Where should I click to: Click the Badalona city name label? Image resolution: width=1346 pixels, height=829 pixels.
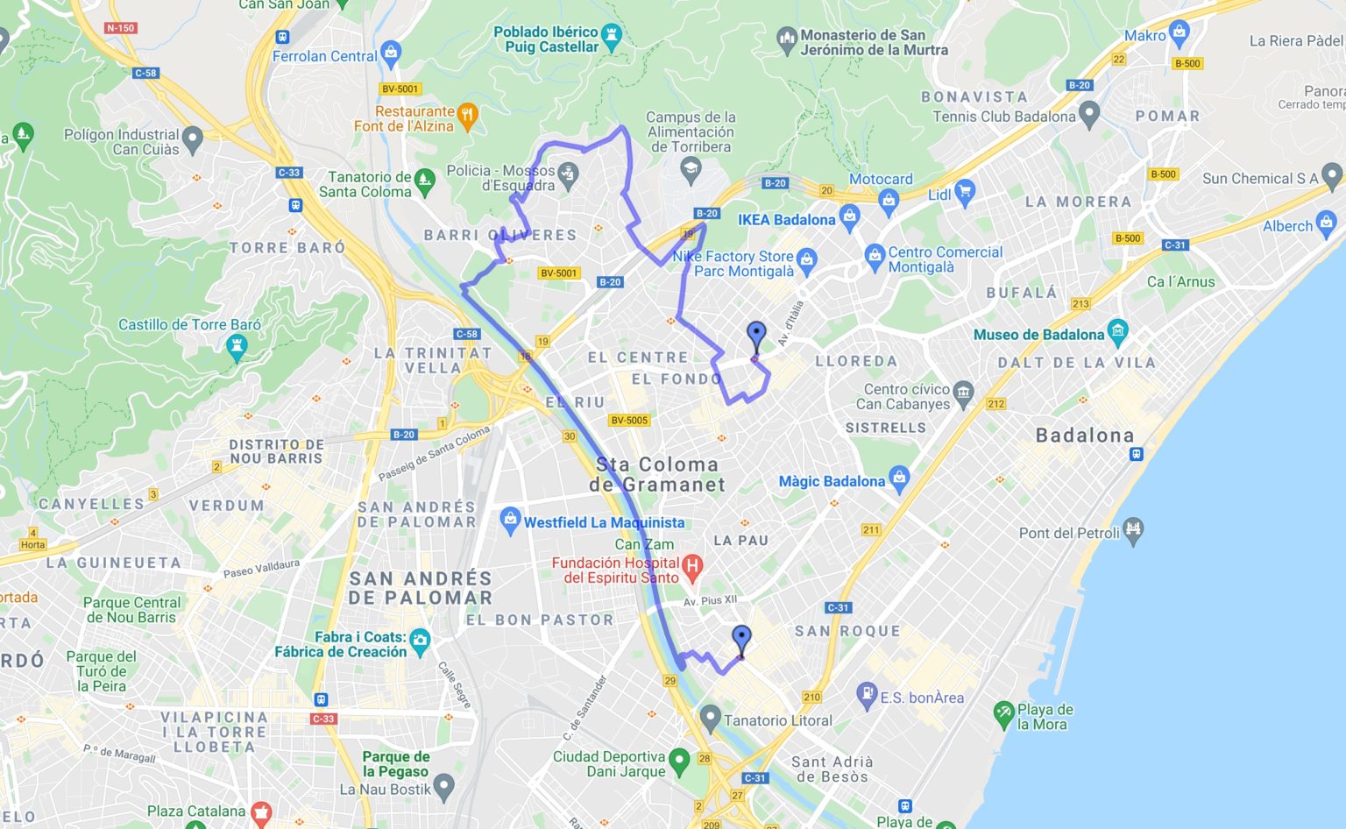tap(1085, 436)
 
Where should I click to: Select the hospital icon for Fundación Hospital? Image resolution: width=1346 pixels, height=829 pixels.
tap(692, 569)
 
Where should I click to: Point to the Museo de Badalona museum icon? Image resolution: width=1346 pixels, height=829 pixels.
tap(1117, 331)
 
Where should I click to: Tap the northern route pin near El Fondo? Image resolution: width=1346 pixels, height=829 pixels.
tap(755, 337)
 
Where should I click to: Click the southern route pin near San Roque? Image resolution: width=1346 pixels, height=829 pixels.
tap(741, 640)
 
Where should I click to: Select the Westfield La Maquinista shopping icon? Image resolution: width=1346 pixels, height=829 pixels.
tap(510, 521)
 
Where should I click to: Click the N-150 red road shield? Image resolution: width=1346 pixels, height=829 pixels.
tap(120, 28)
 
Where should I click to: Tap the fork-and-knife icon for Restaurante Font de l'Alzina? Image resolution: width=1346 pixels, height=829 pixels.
tap(468, 115)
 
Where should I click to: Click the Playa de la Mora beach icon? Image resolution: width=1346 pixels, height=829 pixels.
tap(1004, 713)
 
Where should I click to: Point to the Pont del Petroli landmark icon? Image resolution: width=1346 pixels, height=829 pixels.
tap(1133, 530)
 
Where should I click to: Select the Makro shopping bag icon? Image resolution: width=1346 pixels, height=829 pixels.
tap(1180, 33)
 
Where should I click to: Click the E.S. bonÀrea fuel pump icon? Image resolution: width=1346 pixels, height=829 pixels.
tap(867, 695)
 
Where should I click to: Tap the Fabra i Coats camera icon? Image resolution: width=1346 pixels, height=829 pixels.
tap(420, 641)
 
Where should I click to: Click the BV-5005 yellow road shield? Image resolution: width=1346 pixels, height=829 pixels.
tap(629, 420)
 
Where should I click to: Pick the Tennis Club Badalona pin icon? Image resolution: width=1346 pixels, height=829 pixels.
tap(1089, 114)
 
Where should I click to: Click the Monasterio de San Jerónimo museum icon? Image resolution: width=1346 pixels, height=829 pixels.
tap(787, 39)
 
